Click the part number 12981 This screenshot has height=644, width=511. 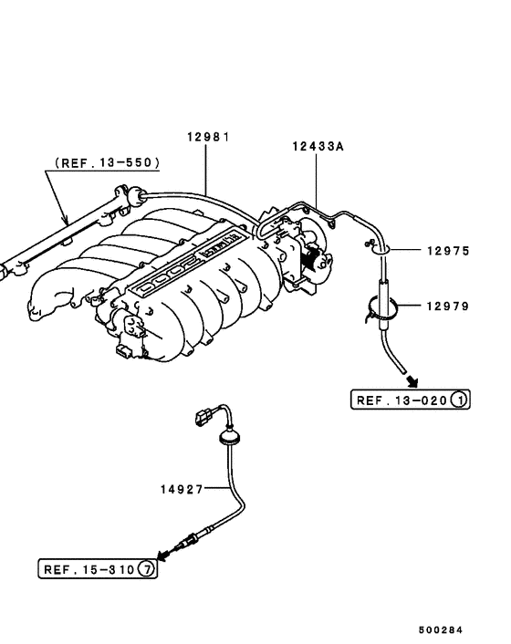[208, 137]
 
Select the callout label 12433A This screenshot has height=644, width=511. [318, 146]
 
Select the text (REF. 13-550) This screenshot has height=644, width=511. [108, 162]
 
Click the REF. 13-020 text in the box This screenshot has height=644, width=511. [403, 400]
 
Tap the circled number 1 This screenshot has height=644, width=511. [459, 400]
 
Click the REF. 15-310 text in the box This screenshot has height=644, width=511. [89, 570]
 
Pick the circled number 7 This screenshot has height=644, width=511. [146, 570]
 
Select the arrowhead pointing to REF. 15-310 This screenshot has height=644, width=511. [162, 554]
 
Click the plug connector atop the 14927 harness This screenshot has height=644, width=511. [203, 421]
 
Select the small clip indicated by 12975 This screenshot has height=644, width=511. [377, 244]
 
